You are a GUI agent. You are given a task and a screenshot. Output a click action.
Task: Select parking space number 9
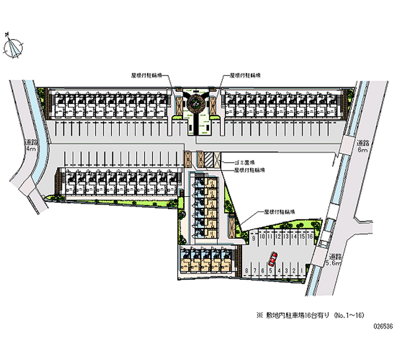coord(254,237)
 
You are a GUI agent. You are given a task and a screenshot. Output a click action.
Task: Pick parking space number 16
coord(309,237)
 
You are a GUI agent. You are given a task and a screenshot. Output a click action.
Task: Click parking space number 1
coord(301,270)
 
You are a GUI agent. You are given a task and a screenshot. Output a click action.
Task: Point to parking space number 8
coord(247,270)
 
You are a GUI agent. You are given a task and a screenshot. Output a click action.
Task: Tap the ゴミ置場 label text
coord(245,162)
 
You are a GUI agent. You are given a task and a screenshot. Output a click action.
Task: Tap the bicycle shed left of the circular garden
coord(179,104)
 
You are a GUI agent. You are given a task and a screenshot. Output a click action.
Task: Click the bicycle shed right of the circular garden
coord(213,104)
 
